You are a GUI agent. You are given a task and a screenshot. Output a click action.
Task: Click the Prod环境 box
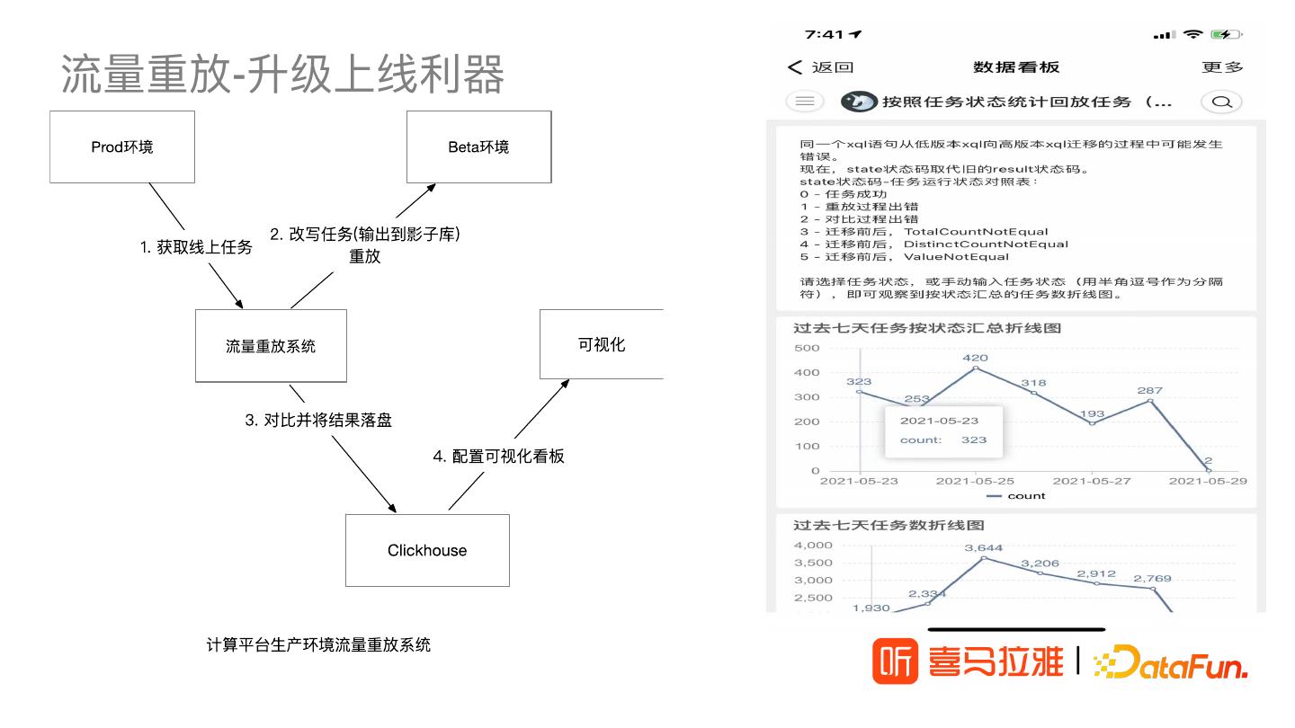point(122,146)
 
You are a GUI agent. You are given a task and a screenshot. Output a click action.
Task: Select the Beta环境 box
point(478,146)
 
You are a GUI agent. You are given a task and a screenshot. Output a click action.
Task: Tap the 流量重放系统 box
point(271,346)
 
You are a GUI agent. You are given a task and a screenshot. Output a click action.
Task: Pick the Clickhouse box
point(427,550)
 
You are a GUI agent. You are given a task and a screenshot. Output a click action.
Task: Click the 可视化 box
point(601,344)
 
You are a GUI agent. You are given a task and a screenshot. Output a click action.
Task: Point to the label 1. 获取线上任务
point(196,247)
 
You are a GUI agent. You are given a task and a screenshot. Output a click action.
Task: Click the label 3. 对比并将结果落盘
point(318,420)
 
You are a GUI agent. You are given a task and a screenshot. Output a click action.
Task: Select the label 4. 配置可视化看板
point(498,456)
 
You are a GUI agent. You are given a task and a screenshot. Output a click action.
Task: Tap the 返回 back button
point(820,67)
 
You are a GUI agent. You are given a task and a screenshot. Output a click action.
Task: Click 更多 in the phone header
point(1222,67)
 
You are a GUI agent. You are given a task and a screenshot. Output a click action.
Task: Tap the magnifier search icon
point(1221,102)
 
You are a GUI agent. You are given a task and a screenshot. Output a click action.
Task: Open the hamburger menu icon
point(805,102)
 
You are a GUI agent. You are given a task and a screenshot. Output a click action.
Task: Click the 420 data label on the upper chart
point(975,358)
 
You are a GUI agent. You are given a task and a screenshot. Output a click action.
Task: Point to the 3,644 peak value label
point(983,547)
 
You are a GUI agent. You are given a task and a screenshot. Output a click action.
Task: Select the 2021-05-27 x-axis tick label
point(1091,481)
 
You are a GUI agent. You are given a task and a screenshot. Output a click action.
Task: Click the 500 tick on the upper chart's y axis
point(808,348)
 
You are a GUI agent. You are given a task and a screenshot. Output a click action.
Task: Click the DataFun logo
point(1171,664)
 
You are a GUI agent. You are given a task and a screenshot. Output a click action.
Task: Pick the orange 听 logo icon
point(895,662)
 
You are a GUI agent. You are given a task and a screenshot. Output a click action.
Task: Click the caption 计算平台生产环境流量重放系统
point(318,644)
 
